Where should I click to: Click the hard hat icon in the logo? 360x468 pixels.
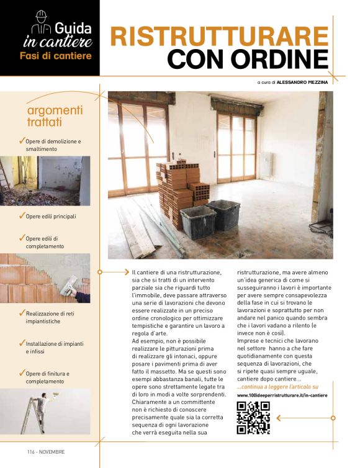point(41,17)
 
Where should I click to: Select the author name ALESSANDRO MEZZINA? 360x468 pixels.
point(302,81)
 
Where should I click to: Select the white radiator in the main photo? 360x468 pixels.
point(267,164)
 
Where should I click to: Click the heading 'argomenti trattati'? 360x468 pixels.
point(55,115)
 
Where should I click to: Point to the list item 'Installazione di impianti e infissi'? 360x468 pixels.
point(53,347)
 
